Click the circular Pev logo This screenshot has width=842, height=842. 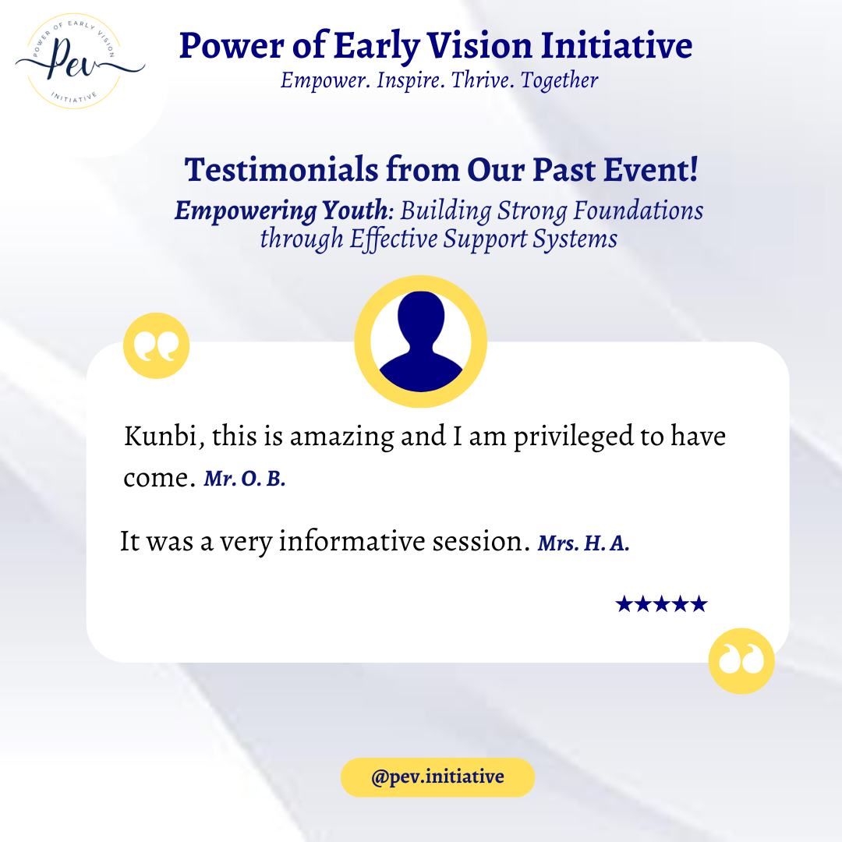tap(75, 62)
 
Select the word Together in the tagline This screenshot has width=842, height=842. tap(559, 81)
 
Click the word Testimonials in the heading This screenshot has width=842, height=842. tap(281, 169)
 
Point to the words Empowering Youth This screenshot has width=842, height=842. tap(281, 211)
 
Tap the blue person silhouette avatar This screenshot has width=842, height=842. tap(420, 341)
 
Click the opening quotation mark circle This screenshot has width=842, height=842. tap(156, 346)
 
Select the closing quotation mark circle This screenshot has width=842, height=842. tap(741, 661)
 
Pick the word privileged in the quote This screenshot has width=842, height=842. tap(573, 437)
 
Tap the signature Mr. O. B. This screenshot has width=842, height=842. tap(244, 479)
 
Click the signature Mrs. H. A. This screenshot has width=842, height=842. tap(583, 543)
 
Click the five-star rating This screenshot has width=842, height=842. tap(662, 604)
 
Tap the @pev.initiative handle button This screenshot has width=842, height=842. tap(437, 777)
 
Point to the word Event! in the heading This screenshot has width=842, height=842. tap(651, 169)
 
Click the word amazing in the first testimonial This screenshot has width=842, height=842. tap(341, 437)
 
